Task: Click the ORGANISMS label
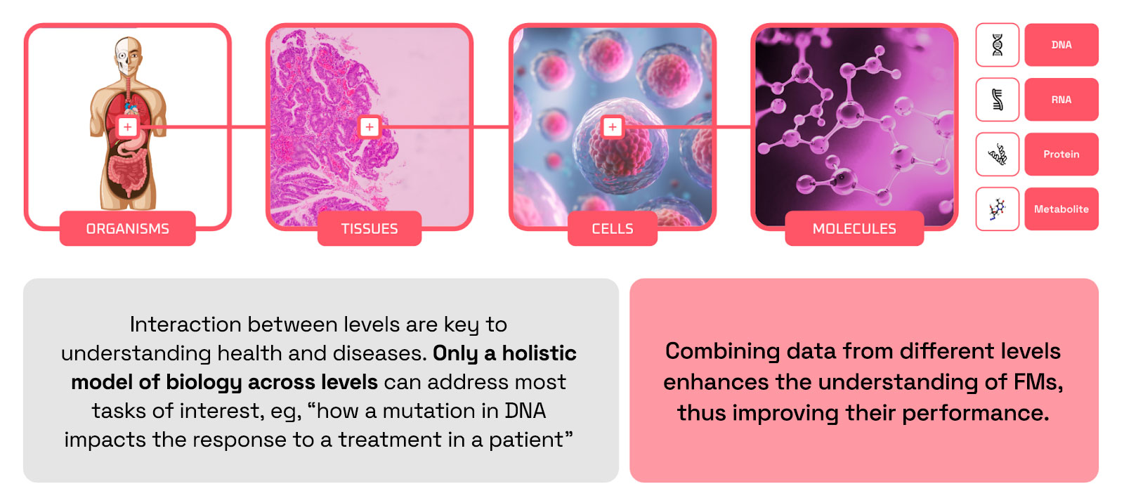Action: coord(127,229)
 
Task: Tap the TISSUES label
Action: coord(370,229)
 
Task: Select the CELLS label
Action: coord(612,229)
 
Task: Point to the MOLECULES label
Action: coord(854,229)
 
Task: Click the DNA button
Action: coord(1061,45)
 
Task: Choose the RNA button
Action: coord(1061,99)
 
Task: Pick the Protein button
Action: coord(1061,154)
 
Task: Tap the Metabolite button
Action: coord(1061,209)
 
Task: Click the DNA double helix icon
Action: coord(998,45)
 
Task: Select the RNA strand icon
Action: coord(998,99)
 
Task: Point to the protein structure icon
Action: coord(998,155)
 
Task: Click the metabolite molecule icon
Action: coord(997,209)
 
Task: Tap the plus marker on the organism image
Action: coord(127,127)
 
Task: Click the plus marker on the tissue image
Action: coord(370,127)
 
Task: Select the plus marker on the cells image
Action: coord(612,127)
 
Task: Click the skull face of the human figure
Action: coord(123,55)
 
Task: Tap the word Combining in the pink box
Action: coord(723,352)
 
